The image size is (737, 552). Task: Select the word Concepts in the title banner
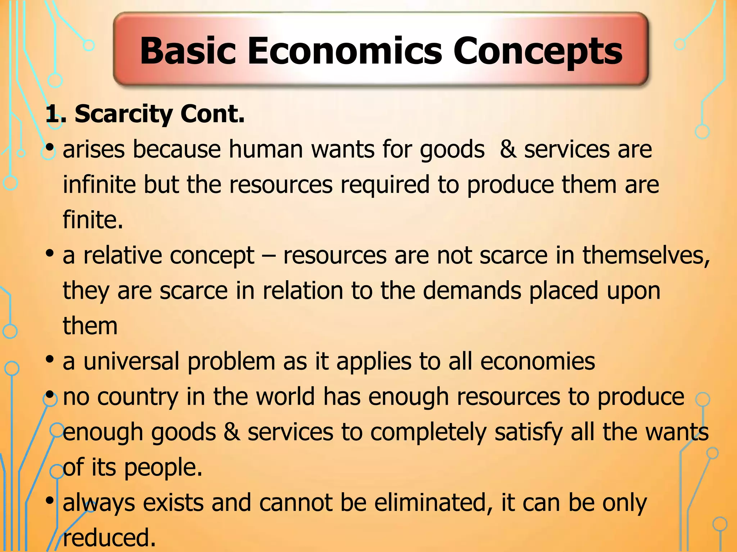pos(538,52)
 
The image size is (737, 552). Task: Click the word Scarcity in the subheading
pos(124,114)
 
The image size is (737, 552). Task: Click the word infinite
pos(99,184)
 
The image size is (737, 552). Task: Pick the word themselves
pos(646,255)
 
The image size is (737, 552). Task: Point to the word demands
pos(472,290)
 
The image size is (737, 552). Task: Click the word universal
pos(131,361)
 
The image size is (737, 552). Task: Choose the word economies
pos(538,361)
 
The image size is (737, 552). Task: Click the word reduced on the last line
pos(109,538)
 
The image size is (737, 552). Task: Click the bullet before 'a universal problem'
pos(50,359)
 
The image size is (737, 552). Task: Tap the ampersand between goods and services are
pos(508,149)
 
